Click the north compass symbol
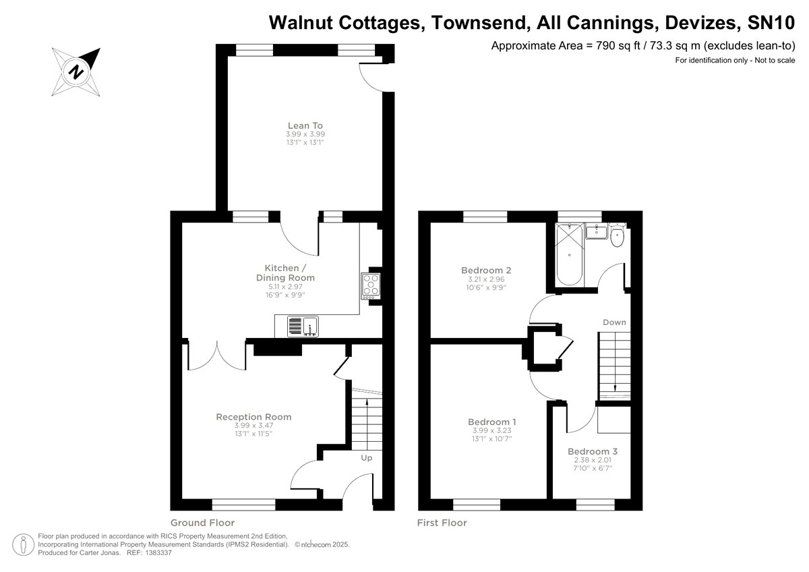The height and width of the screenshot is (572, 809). [77, 71]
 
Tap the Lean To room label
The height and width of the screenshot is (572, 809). [305, 125]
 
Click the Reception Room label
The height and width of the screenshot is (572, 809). [253, 417]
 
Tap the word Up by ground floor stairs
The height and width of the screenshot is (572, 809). [367, 458]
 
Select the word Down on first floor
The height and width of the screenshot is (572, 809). [614, 322]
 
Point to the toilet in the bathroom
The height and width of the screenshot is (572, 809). [617, 236]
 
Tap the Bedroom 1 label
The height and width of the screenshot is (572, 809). [492, 422]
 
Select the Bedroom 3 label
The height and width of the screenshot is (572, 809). [593, 451]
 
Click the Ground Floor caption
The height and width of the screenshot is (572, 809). [202, 523]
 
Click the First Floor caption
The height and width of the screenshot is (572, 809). [442, 523]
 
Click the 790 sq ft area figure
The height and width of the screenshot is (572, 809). [607, 46]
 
